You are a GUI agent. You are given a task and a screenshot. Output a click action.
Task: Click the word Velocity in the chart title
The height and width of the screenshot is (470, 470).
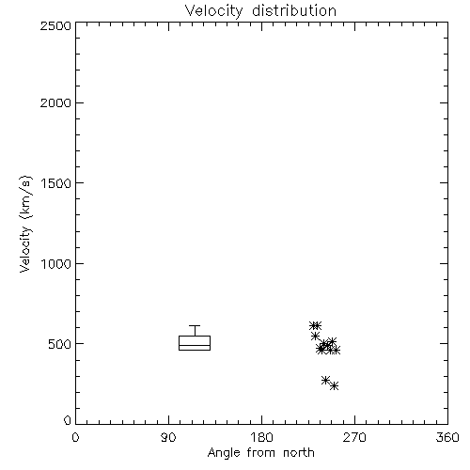point(214,11)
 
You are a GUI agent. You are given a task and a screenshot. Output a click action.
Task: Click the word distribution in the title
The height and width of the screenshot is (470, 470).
point(294,10)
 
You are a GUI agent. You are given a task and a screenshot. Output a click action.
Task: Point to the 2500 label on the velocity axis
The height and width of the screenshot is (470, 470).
point(55,25)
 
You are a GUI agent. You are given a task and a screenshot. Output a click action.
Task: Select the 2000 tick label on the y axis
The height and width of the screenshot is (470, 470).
point(55,102)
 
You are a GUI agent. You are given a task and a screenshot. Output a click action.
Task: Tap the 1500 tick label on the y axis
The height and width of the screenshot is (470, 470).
point(56,183)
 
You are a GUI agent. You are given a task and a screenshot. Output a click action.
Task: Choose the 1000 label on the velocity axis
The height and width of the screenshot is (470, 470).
point(56,263)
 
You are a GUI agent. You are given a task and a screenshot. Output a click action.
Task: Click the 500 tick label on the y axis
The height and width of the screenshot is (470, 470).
point(60,344)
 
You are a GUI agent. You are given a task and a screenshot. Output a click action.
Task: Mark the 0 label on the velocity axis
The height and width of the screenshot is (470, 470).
point(68,420)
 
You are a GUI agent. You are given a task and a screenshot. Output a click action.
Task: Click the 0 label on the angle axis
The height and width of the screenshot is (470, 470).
point(75,437)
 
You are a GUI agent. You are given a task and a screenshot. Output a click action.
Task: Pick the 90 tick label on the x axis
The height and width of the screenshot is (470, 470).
point(168,437)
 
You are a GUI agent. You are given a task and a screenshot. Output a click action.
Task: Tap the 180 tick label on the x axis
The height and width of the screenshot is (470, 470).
point(261,437)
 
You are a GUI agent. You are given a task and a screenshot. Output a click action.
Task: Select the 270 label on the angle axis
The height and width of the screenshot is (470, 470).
point(354,437)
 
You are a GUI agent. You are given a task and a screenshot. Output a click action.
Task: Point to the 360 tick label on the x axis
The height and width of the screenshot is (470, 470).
point(447,437)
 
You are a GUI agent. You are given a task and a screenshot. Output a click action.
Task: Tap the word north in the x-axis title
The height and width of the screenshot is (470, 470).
point(299,453)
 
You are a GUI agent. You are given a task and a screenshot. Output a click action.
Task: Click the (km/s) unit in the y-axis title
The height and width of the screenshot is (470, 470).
point(25,197)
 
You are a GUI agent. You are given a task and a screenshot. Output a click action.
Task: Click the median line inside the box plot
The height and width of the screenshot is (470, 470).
point(195,345)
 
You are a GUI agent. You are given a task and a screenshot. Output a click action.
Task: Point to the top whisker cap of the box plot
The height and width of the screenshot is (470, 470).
point(195,326)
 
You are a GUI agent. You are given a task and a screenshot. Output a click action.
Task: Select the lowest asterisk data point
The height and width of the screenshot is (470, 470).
point(335,386)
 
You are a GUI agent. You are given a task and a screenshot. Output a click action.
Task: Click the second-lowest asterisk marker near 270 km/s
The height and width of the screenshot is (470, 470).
point(325,380)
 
